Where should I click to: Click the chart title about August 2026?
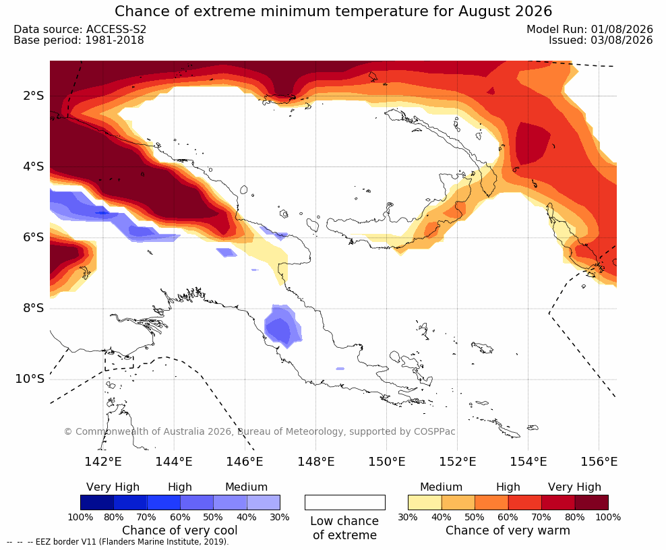(x=334, y=11)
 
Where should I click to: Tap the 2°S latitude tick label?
(x=34, y=96)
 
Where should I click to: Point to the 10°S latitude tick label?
(x=30, y=379)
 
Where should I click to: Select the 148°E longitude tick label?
(x=316, y=461)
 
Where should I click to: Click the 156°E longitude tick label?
(x=599, y=461)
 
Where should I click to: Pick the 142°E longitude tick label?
(x=103, y=461)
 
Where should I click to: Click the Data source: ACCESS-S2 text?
(x=80, y=29)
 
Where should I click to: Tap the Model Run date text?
(x=590, y=29)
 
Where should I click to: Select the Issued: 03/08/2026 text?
(x=601, y=40)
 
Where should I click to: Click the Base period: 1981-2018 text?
(x=79, y=40)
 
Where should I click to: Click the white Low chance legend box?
(x=345, y=502)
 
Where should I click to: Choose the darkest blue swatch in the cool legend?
(x=97, y=502)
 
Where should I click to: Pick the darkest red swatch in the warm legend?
(x=592, y=502)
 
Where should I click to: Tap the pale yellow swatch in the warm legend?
(x=425, y=502)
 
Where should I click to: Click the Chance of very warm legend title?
(x=508, y=530)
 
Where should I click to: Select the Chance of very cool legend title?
(x=180, y=530)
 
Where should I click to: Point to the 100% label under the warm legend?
(x=608, y=517)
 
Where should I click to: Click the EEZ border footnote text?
(x=118, y=542)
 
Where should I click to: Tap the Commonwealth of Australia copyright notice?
(x=260, y=431)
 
